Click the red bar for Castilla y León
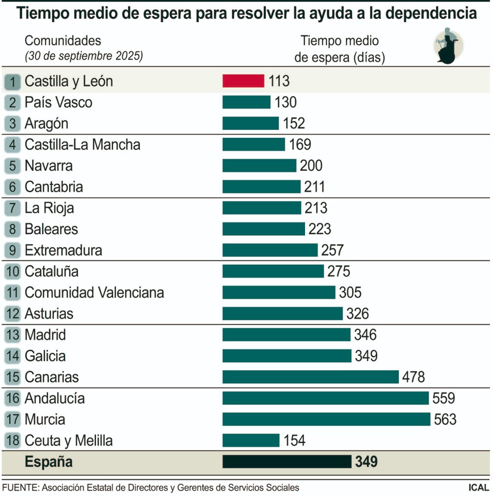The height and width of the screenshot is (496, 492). (244, 81)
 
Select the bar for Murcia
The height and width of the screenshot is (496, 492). (326, 419)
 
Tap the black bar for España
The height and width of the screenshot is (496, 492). (287, 462)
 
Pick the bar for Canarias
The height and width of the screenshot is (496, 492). (310, 377)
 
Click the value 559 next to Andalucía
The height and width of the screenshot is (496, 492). (444, 398)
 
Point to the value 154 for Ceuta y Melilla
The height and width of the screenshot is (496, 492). (294, 440)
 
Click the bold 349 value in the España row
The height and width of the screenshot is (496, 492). (366, 462)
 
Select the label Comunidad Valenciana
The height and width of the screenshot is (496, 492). (94, 292)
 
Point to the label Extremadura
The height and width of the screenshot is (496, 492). (63, 250)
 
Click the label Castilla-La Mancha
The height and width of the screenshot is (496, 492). (82, 145)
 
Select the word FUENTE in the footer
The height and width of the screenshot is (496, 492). (20, 488)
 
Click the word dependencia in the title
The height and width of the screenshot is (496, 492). (430, 13)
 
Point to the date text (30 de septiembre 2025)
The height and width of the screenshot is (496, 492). (84, 56)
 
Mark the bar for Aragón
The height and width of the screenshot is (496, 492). (250, 123)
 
